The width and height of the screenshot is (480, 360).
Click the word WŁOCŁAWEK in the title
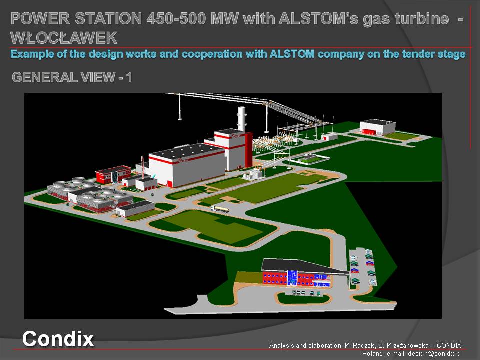[x=64, y=38]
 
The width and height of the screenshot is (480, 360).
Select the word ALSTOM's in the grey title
[x=318, y=18]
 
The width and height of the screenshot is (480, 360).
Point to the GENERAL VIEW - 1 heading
[x=72, y=77]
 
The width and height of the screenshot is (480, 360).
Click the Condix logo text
[x=58, y=339]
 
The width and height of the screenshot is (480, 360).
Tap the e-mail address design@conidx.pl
[x=434, y=353]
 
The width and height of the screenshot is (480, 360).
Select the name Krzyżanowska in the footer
[x=403, y=345]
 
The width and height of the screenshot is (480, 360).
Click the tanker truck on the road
[x=220, y=209]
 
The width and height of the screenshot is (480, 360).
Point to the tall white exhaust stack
[x=242, y=119]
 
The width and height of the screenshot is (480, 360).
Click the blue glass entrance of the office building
[x=292, y=278]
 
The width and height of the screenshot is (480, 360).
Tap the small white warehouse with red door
[x=377, y=127]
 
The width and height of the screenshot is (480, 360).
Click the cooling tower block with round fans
[x=90, y=194]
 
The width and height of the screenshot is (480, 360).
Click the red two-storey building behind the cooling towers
[x=113, y=174]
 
